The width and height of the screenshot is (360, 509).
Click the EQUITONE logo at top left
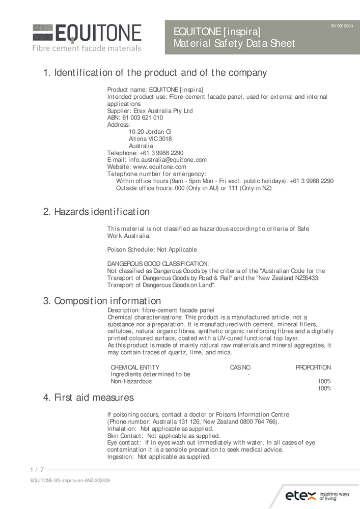click(87, 37)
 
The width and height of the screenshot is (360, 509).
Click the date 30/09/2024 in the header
click(341, 25)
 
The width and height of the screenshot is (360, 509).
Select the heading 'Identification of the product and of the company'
click(155, 73)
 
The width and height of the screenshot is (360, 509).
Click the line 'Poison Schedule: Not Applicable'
click(152, 250)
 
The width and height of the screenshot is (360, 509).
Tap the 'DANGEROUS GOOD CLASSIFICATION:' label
click(158, 264)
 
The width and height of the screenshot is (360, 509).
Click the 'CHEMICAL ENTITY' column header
click(135, 367)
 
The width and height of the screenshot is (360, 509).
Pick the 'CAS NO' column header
click(240, 367)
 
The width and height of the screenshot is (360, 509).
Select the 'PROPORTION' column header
click(313, 367)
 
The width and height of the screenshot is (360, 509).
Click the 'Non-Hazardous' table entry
click(131, 382)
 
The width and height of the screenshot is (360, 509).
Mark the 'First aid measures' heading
click(89, 398)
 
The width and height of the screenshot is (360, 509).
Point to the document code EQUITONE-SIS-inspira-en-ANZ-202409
click(70, 480)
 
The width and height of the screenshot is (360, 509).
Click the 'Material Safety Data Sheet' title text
click(234, 44)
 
